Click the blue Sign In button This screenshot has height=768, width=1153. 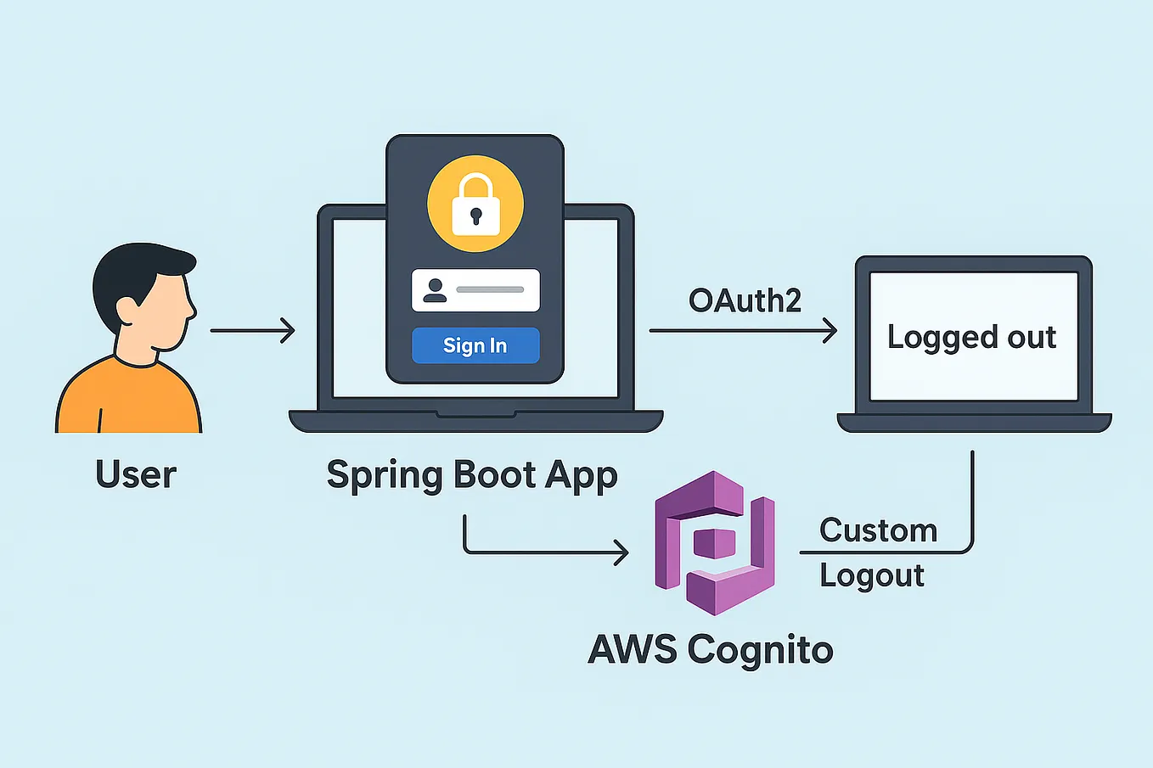click(475, 345)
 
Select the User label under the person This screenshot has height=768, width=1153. click(136, 474)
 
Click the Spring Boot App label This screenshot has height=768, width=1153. click(472, 475)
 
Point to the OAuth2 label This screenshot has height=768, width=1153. click(745, 300)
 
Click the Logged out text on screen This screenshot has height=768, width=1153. click(971, 337)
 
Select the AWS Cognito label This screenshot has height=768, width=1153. click(711, 650)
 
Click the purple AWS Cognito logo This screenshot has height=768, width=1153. click(715, 543)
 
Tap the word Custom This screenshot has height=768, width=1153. click(878, 530)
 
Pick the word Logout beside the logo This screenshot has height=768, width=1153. click(872, 575)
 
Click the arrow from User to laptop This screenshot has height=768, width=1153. click(252, 330)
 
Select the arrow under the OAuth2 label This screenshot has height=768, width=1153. click(743, 330)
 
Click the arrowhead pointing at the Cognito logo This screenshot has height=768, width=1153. click(621, 553)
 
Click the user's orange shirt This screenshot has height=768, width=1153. click(127, 399)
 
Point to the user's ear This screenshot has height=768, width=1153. click(127, 307)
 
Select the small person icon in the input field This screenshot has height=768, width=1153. click(435, 290)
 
